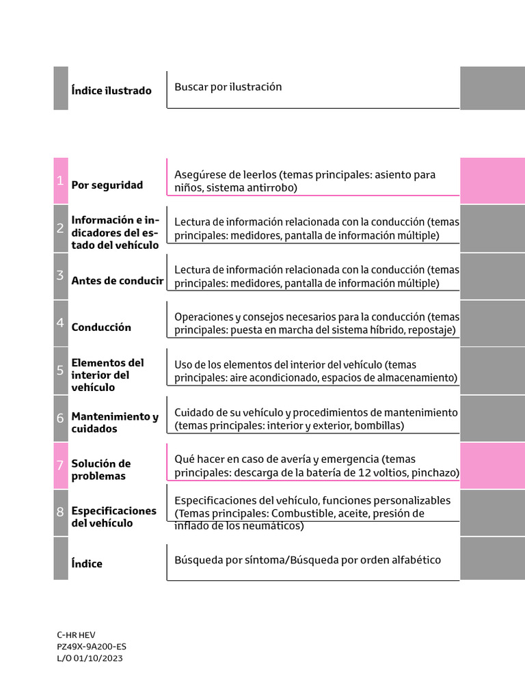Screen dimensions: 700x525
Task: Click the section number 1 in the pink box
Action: click(60, 181)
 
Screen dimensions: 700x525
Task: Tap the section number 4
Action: click(60, 323)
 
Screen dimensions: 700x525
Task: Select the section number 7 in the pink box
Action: click(60, 465)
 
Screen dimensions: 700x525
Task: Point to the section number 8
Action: click(60, 512)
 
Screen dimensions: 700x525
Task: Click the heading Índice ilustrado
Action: click(111, 90)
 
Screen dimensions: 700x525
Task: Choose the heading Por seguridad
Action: click(107, 185)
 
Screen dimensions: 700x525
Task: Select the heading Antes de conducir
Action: click(117, 280)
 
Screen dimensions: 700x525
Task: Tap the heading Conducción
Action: click(101, 327)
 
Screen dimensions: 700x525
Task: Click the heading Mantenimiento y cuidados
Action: click(115, 422)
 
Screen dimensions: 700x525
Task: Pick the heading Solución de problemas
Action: click(101, 470)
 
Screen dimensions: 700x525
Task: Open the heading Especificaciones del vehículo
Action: click(113, 517)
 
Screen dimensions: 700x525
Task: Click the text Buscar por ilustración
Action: click(228, 87)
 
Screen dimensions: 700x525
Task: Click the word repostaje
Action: click(432, 330)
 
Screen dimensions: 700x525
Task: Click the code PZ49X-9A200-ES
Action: click(92, 646)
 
